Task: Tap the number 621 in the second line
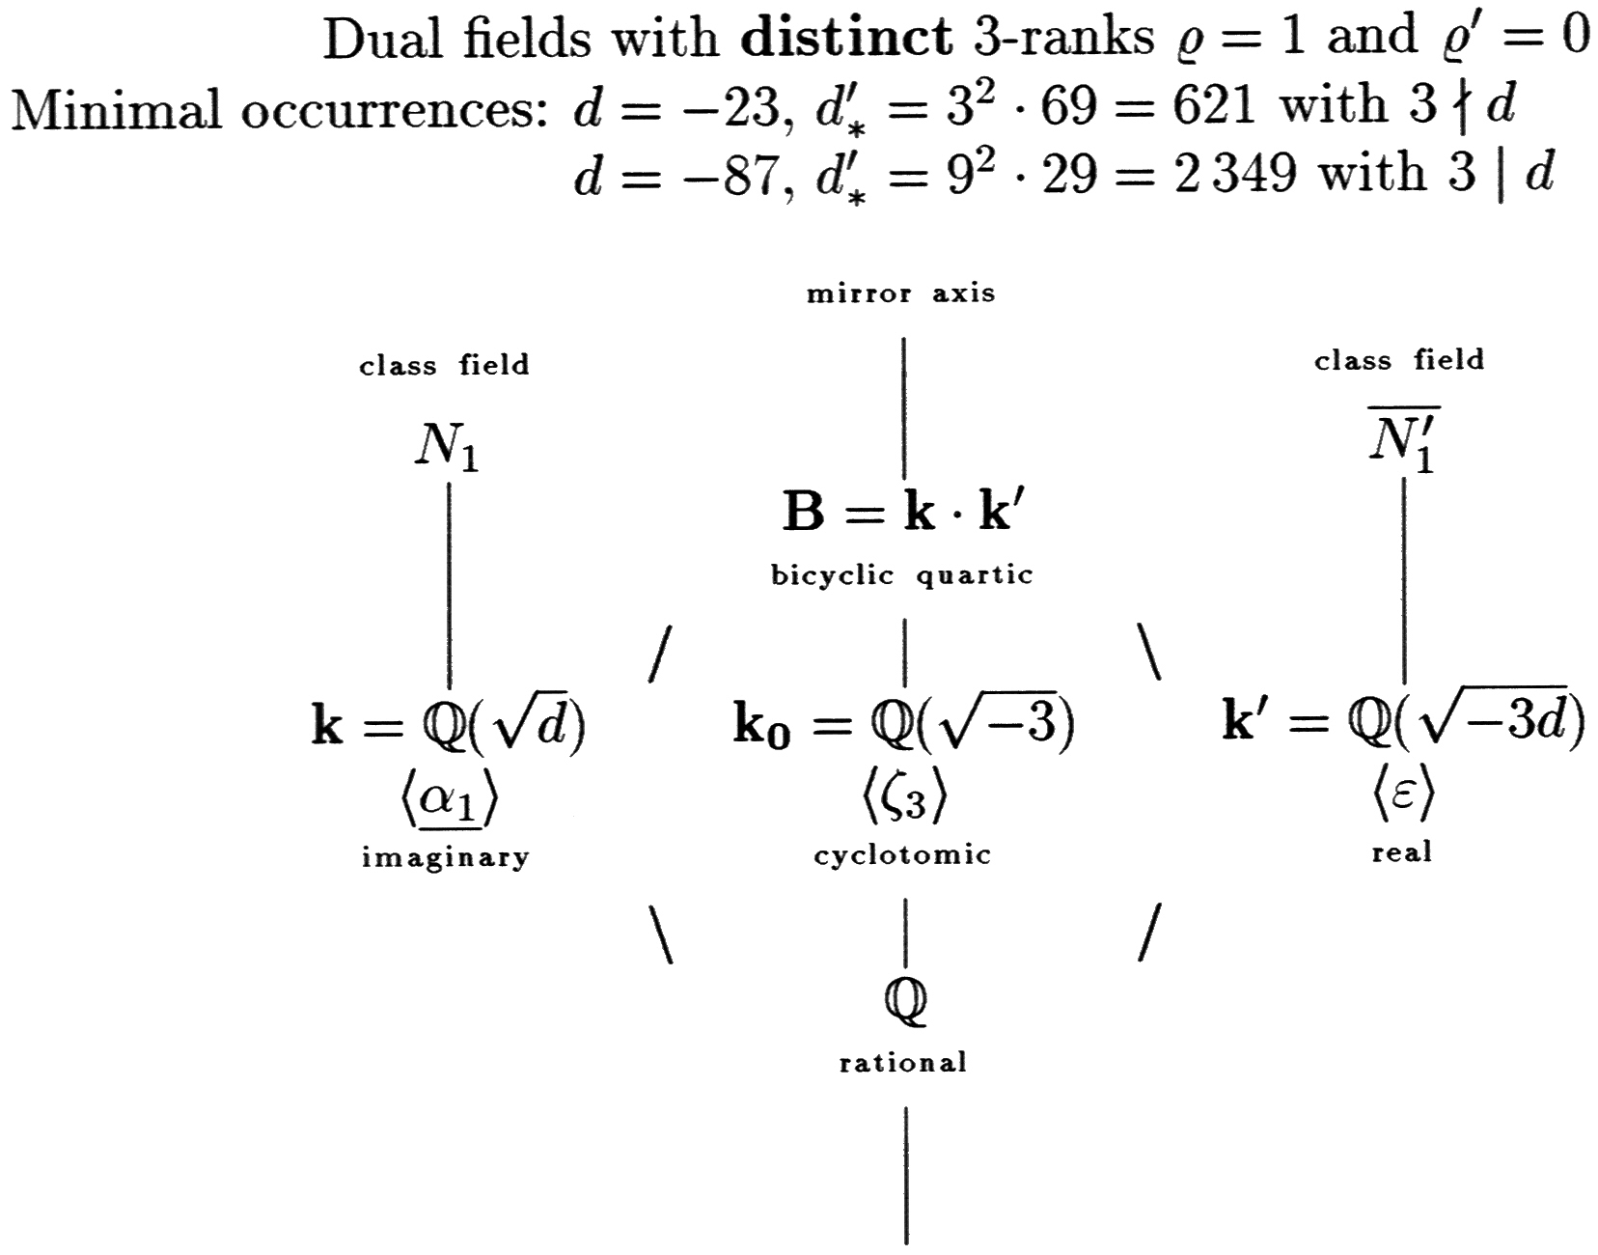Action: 1214,104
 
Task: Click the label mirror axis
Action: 901,293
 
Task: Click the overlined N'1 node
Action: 1403,443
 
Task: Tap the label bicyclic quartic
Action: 901,576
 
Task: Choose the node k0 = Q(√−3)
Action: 903,725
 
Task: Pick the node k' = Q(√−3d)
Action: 1402,722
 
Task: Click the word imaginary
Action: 445,857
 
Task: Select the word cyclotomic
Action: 902,855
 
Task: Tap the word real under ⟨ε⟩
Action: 1401,852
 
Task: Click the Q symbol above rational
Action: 904,1002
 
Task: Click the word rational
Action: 902,1064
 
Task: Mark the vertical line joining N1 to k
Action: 449,584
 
